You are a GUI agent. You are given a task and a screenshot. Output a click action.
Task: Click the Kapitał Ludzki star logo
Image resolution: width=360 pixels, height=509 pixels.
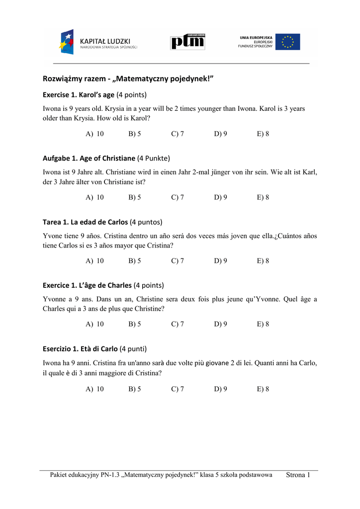[67, 42]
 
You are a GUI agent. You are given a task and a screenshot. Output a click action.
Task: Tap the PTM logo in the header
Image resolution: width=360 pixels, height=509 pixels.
[187, 42]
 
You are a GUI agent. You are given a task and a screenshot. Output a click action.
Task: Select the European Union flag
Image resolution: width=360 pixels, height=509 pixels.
[288, 42]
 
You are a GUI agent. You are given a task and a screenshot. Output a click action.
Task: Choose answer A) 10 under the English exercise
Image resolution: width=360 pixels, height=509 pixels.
[95, 134]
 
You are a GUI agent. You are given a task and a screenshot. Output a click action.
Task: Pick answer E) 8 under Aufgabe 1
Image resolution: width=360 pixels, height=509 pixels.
[263, 197]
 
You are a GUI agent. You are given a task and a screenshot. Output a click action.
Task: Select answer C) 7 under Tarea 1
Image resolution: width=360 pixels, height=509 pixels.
[178, 261]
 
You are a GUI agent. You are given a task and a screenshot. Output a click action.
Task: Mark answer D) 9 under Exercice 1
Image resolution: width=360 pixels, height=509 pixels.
[221, 324]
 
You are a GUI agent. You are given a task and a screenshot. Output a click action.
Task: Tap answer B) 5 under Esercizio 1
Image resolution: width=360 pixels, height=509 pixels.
[135, 389]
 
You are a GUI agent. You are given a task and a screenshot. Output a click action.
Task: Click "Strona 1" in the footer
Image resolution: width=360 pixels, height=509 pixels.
[298, 475]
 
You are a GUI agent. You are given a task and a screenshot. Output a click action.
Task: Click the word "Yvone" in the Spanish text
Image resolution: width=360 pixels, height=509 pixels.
[53, 236]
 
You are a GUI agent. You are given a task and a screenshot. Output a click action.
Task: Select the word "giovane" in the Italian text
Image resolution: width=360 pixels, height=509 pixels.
[218, 363]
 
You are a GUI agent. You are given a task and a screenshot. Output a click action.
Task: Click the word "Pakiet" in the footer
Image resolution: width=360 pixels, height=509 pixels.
[60, 475]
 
